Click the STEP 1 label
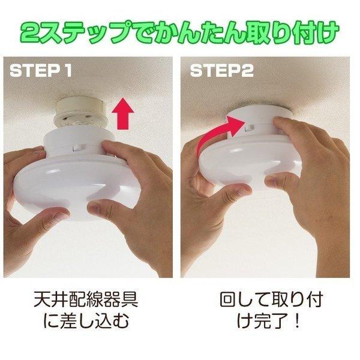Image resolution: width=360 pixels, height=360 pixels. pyautogui.click(x=41, y=71)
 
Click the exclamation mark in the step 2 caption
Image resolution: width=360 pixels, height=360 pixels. pyautogui.click(x=295, y=322)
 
